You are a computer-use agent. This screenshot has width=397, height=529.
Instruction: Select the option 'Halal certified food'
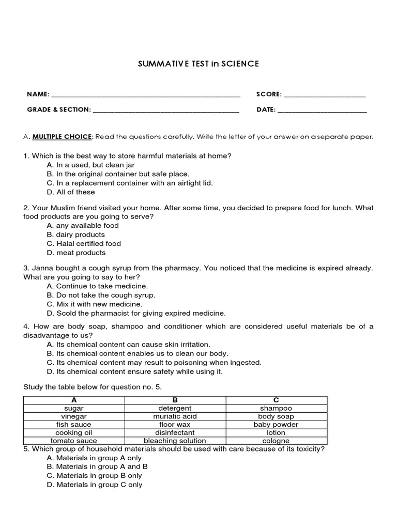84,244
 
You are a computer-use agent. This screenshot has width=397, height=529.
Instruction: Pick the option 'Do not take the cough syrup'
101,295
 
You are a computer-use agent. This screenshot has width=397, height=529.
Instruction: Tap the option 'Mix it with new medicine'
94,304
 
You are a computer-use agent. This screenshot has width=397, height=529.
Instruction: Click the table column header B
175,400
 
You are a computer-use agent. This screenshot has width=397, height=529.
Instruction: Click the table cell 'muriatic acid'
175,416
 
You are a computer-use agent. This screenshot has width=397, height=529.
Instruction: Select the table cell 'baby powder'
276,425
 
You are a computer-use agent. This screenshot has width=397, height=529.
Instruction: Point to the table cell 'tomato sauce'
73,441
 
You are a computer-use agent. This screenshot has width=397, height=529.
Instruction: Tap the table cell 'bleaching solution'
175,441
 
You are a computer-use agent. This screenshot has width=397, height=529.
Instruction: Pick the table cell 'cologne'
276,441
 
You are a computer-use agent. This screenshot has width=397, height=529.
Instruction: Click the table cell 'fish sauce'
73,425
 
